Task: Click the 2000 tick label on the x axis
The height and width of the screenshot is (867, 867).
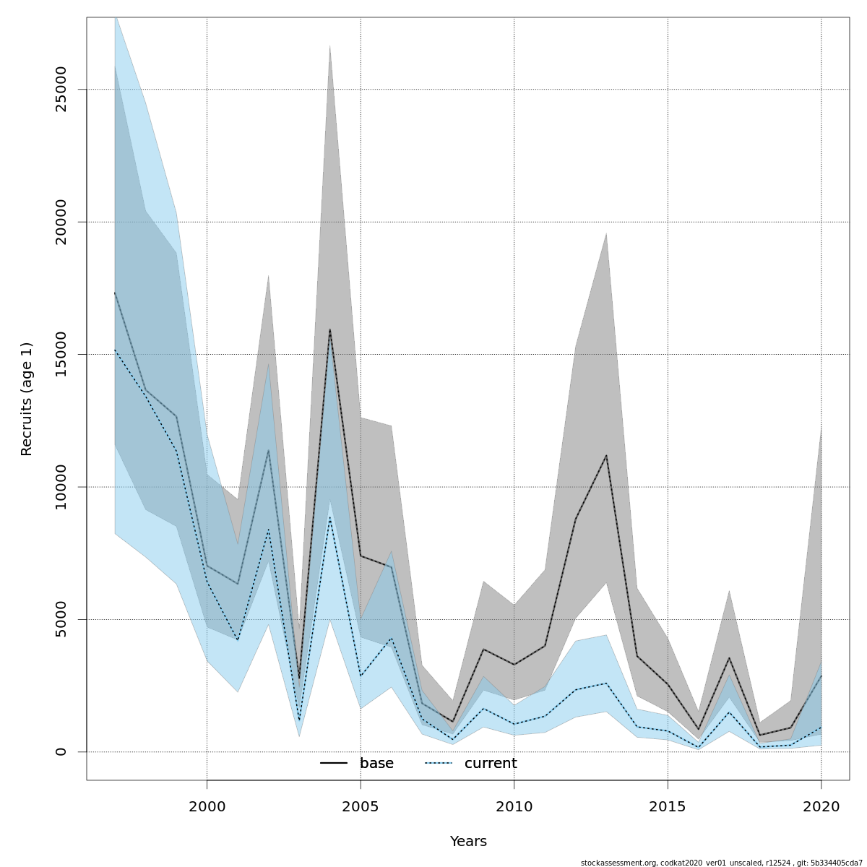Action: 207,806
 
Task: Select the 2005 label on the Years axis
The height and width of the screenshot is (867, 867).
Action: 361,806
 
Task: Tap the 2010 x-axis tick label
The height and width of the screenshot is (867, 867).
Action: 514,806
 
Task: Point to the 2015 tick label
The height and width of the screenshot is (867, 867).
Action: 668,806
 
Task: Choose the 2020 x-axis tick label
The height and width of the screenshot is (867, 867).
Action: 821,806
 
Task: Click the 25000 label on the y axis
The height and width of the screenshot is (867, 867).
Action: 61,90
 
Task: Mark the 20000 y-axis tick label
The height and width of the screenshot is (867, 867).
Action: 61,222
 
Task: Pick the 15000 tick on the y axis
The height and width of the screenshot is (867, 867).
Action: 61,354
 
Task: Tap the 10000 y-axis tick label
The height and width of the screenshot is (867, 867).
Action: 61,487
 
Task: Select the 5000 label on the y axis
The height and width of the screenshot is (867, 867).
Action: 61,619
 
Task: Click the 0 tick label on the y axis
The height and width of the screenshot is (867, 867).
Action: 61,751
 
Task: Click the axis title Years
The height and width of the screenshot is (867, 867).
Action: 468,842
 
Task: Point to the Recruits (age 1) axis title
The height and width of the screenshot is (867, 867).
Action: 27,399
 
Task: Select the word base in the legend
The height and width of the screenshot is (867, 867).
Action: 376,764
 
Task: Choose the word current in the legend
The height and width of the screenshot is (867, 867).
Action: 491,764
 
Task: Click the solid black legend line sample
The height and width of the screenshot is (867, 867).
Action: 334,764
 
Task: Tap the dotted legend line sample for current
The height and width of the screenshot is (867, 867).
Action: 438,764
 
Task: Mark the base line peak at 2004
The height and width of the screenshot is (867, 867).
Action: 330,329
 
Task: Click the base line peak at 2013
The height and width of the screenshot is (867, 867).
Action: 606,455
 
